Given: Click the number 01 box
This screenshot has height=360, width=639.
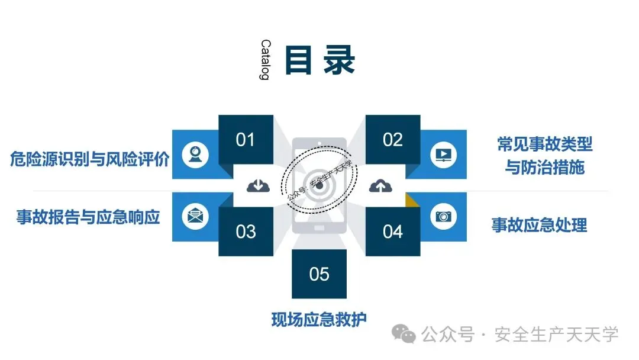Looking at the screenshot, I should (x=246, y=140).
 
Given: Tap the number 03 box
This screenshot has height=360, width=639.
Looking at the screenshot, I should (x=246, y=231).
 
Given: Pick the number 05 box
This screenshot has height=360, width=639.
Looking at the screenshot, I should (x=319, y=274).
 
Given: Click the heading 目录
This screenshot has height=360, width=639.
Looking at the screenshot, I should (x=319, y=60).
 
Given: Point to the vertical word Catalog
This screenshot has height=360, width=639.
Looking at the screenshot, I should (x=265, y=60).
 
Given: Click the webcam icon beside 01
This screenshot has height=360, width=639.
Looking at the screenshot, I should (x=195, y=153).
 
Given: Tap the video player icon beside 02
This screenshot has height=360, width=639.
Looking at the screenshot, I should (x=443, y=154).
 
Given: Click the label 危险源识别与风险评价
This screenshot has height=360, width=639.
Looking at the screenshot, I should (x=90, y=159).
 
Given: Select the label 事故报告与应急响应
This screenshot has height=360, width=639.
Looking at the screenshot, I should (x=89, y=217).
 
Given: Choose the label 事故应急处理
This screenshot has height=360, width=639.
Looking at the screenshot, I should (x=539, y=225).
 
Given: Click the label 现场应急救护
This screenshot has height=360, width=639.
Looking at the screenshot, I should (x=319, y=319).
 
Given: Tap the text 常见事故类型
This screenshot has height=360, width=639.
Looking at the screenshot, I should (x=545, y=144).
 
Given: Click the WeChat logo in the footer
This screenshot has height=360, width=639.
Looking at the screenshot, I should (x=406, y=335).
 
